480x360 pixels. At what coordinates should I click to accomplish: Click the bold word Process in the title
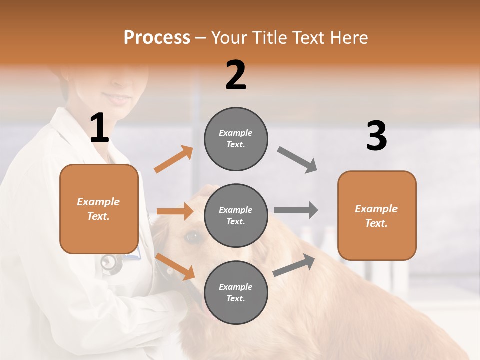157,38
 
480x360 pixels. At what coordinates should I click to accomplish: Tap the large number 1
100,128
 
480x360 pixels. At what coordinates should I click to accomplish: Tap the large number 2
236,75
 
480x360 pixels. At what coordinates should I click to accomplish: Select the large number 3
376,136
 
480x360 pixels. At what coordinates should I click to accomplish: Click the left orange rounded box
99,209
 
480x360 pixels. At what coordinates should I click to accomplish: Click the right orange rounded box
377,215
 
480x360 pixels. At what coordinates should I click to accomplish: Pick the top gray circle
236,139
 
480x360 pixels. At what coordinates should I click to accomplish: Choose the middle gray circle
236,216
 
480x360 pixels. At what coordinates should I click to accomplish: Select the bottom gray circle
236,292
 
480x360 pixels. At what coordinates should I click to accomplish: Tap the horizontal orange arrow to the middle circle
175,211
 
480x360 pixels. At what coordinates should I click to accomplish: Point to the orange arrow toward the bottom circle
175,266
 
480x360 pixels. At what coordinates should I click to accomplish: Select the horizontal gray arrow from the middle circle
296,210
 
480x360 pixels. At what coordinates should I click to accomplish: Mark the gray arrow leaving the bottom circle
294,265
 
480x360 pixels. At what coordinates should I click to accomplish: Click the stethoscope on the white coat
111,262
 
